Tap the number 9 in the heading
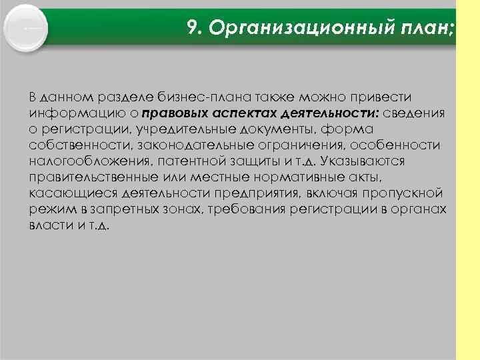192,27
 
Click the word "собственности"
71,145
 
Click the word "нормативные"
304,177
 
